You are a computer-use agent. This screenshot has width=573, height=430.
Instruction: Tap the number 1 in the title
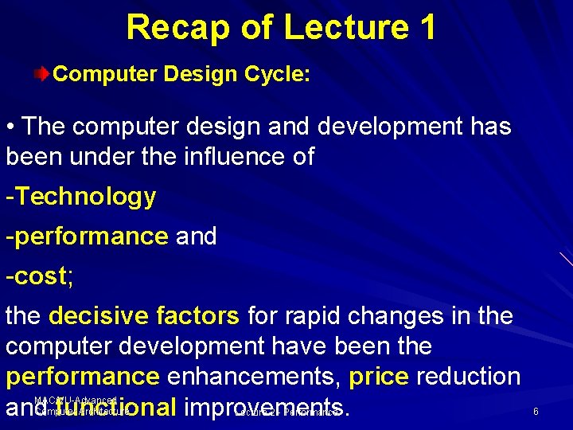(x=425, y=27)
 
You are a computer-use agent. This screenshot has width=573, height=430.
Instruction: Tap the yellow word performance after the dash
(x=92, y=236)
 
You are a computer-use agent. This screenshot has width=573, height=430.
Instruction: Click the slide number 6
(x=536, y=412)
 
